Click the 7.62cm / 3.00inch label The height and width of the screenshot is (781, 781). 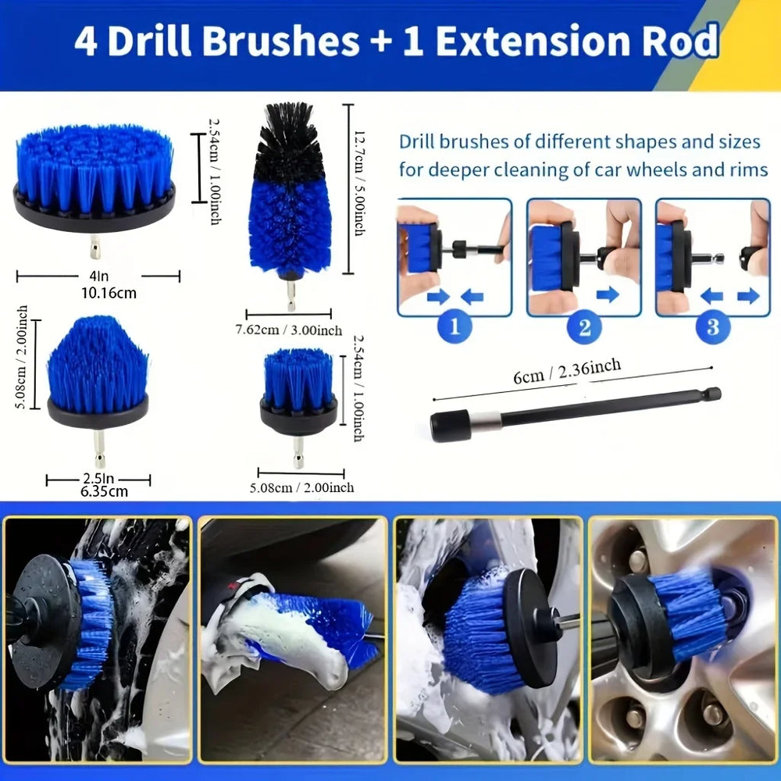(289, 330)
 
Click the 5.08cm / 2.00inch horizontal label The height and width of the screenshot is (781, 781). (301, 487)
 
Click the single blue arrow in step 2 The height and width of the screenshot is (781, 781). (607, 294)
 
